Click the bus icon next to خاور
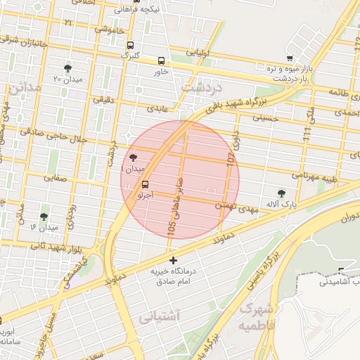coord(162,61)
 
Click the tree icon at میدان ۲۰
coord(67,68)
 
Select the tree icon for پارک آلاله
coord(281,193)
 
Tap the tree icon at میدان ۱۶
coord(44,217)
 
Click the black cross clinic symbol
coord(174,261)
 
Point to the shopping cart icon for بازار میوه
coord(290,58)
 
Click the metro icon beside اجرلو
coord(146,185)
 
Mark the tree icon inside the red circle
coord(134,157)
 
